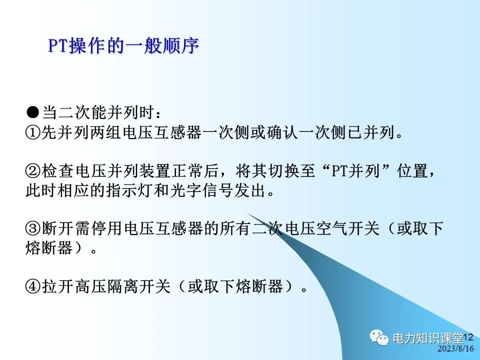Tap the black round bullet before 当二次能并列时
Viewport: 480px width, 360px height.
point(33,111)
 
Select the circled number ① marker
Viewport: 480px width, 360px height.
point(32,133)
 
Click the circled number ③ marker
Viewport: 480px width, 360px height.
point(32,229)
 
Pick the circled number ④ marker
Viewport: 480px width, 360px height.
point(32,286)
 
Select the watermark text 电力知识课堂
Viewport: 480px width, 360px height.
point(428,338)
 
